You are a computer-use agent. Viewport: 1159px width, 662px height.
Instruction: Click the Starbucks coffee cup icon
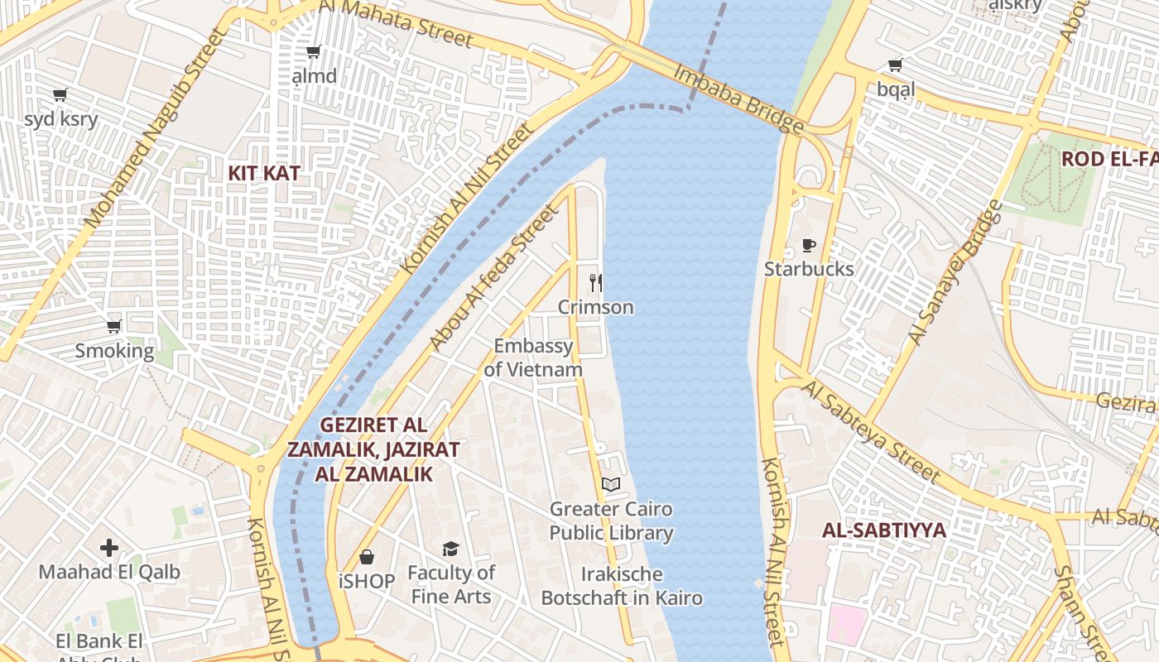(x=809, y=246)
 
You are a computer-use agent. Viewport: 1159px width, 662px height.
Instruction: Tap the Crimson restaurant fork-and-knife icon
(x=595, y=283)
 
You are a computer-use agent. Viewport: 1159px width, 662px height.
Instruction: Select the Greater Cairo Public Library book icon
(x=611, y=485)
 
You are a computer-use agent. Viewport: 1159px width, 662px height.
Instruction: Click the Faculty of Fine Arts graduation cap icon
(x=450, y=549)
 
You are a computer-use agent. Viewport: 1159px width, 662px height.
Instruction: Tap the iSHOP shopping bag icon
(x=367, y=558)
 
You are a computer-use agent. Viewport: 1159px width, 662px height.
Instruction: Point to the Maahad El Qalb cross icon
(x=109, y=548)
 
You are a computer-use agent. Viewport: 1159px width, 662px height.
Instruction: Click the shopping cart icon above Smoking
(x=114, y=327)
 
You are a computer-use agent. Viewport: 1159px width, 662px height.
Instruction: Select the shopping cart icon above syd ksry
(x=60, y=95)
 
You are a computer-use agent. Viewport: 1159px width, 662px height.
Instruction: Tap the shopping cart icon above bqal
(x=895, y=65)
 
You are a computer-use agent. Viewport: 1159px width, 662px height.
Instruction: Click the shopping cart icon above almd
(x=314, y=53)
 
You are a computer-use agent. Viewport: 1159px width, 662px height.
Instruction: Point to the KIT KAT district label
(x=264, y=174)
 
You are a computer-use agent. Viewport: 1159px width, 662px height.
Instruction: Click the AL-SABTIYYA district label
(x=884, y=530)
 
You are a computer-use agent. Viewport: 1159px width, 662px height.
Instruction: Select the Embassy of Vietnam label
(x=533, y=357)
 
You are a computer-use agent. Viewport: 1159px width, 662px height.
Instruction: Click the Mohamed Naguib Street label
(x=155, y=128)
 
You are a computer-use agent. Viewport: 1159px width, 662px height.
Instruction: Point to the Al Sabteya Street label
(x=871, y=432)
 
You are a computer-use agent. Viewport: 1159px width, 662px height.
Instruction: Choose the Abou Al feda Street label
(x=494, y=278)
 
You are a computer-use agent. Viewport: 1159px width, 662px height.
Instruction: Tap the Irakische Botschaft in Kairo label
(x=622, y=586)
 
